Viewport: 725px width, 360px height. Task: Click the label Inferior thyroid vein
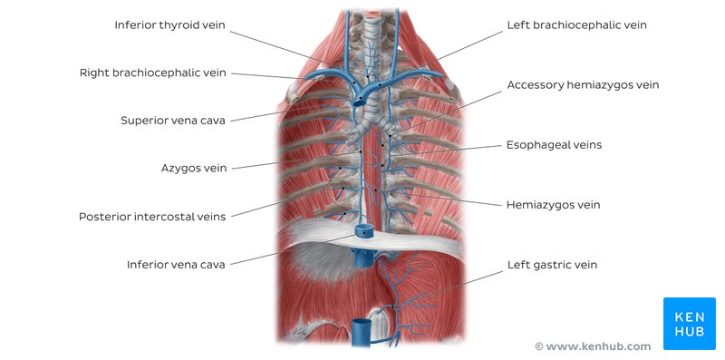169,24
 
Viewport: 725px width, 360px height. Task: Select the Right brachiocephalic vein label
152,72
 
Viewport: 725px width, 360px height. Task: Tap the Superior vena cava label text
173,120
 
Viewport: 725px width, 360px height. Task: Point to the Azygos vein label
194,168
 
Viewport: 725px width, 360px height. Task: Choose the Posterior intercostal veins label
152,216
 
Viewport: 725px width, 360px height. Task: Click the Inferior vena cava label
176,265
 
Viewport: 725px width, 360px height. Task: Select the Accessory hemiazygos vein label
583,84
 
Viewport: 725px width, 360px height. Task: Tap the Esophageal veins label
554,144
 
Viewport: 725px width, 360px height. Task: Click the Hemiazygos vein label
553,204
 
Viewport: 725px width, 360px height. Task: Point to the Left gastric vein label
552,265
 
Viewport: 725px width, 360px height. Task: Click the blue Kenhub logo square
688,323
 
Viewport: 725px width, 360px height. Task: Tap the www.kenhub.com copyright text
593,346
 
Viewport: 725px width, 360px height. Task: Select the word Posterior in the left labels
107,216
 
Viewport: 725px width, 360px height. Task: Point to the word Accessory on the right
535,84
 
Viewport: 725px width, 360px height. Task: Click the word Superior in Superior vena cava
145,120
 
